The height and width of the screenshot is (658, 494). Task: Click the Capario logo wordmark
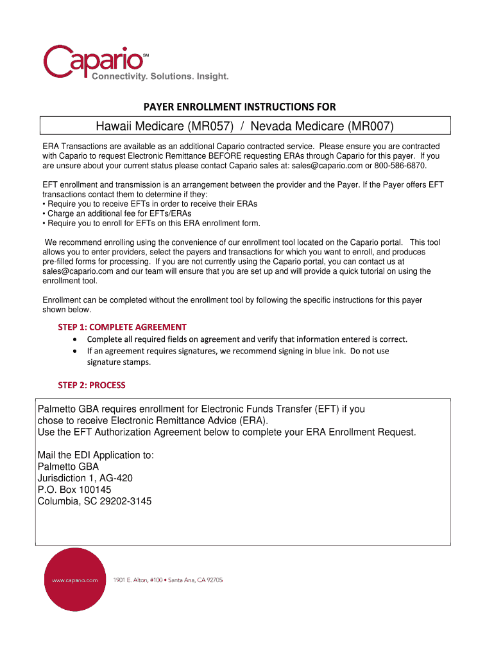[x=94, y=60]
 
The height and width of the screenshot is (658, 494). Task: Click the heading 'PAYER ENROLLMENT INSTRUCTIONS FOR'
[x=239, y=107]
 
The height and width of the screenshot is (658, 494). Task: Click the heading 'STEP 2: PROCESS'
[x=92, y=385]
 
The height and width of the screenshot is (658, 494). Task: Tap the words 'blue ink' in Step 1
[x=329, y=351]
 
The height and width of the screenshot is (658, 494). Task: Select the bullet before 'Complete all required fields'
[x=76, y=339]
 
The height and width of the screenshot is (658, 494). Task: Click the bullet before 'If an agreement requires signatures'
[x=76, y=351]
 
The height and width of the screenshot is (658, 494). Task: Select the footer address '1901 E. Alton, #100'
[x=138, y=580]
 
